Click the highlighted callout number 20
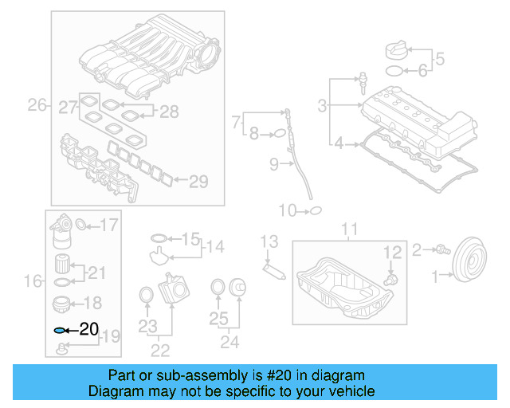[90, 329]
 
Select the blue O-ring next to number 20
[59, 329]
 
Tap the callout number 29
[198, 182]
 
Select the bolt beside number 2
[439, 251]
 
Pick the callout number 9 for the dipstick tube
[273, 165]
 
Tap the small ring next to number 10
[315, 211]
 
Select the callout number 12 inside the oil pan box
[391, 253]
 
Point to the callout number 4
[339, 143]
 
